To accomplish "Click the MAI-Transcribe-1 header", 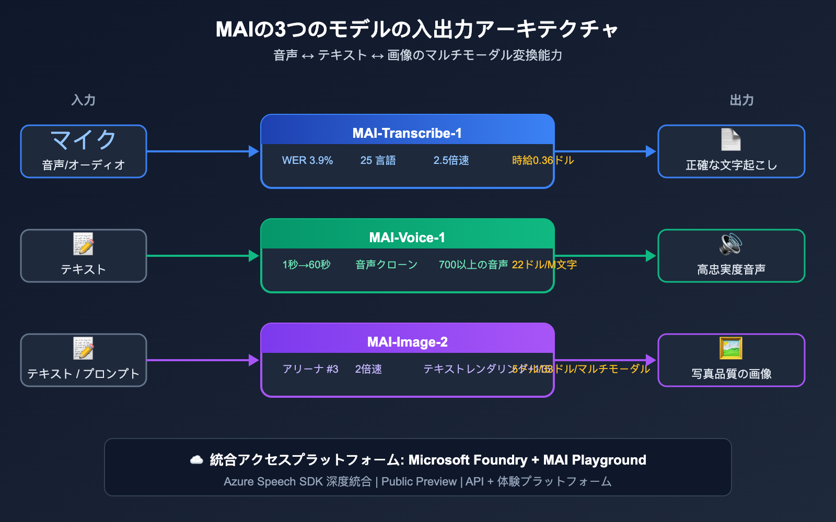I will click(x=407, y=133).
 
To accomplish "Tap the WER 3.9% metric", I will click(x=307, y=160).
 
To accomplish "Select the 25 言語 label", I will click(x=378, y=160).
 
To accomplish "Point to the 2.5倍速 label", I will click(x=451, y=160).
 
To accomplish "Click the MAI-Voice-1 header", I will click(x=407, y=238).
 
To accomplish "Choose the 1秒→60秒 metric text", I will click(x=306, y=265).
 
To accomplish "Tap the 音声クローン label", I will click(x=386, y=265).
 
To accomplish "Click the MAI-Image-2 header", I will click(x=407, y=342).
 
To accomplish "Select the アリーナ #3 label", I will click(x=310, y=369).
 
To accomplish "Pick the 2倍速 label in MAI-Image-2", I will click(x=368, y=369).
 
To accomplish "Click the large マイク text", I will click(x=84, y=140).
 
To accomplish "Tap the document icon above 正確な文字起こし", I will click(x=731, y=139).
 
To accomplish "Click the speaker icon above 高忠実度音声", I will click(x=731, y=244).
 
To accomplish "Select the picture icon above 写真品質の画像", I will click(x=731, y=348).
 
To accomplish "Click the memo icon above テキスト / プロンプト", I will click(x=84, y=348).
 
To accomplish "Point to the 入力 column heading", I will click(x=84, y=100).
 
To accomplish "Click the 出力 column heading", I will click(x=741, y=100).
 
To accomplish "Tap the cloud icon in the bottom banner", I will click(x=196, y=460).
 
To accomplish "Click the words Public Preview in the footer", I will click(x=419, y=481).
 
